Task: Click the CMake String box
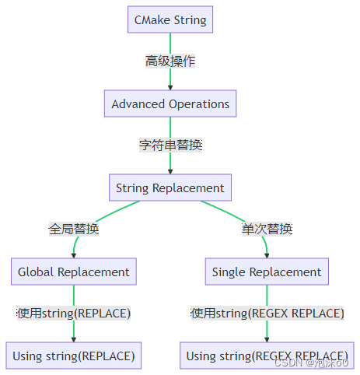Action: coord(170,19)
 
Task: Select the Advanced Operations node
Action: coord(170,103)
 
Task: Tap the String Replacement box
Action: coord(170,187)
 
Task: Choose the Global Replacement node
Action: coord(74,272)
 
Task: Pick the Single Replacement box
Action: coord(267,272)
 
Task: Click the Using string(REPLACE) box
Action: coord(74,356)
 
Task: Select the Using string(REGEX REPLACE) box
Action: coord(267,356)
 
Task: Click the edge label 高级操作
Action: coord(170,61)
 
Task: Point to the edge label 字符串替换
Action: coord(170,145)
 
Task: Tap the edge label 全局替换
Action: coord(74,230)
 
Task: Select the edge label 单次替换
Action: coord(267,230)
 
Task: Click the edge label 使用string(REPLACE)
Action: coord(74,314)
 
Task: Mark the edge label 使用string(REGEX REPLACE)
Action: coord(267,314)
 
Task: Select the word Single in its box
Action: coord(229,272)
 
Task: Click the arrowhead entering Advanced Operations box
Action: coord(170,87)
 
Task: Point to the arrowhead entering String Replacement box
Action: coord(170,171)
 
